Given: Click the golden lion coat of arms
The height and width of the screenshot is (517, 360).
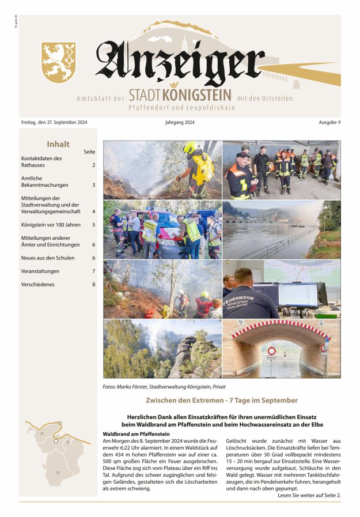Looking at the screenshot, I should [59, 62].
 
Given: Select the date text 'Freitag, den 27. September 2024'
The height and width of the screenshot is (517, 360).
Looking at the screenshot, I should [54, 122].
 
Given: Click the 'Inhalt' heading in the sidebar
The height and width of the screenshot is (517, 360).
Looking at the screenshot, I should [58, 145].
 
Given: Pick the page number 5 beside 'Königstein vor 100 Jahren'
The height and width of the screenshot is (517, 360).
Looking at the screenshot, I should [93, 225].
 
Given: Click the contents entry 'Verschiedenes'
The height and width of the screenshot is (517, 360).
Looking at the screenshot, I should [39, 284].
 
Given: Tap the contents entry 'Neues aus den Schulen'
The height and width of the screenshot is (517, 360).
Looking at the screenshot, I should [48, 258].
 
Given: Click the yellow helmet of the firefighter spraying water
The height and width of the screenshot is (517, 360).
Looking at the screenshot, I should [190, 148].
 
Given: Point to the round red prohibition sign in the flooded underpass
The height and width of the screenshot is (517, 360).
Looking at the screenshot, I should [271, 350].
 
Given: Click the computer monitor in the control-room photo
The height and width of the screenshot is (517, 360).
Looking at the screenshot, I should [297, 295].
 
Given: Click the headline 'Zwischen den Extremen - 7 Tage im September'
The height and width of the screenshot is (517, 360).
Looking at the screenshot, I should [222, 400].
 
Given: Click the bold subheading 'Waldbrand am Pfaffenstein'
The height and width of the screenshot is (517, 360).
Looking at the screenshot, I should [136, 433].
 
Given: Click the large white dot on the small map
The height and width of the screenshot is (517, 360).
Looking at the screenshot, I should [56, 440].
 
